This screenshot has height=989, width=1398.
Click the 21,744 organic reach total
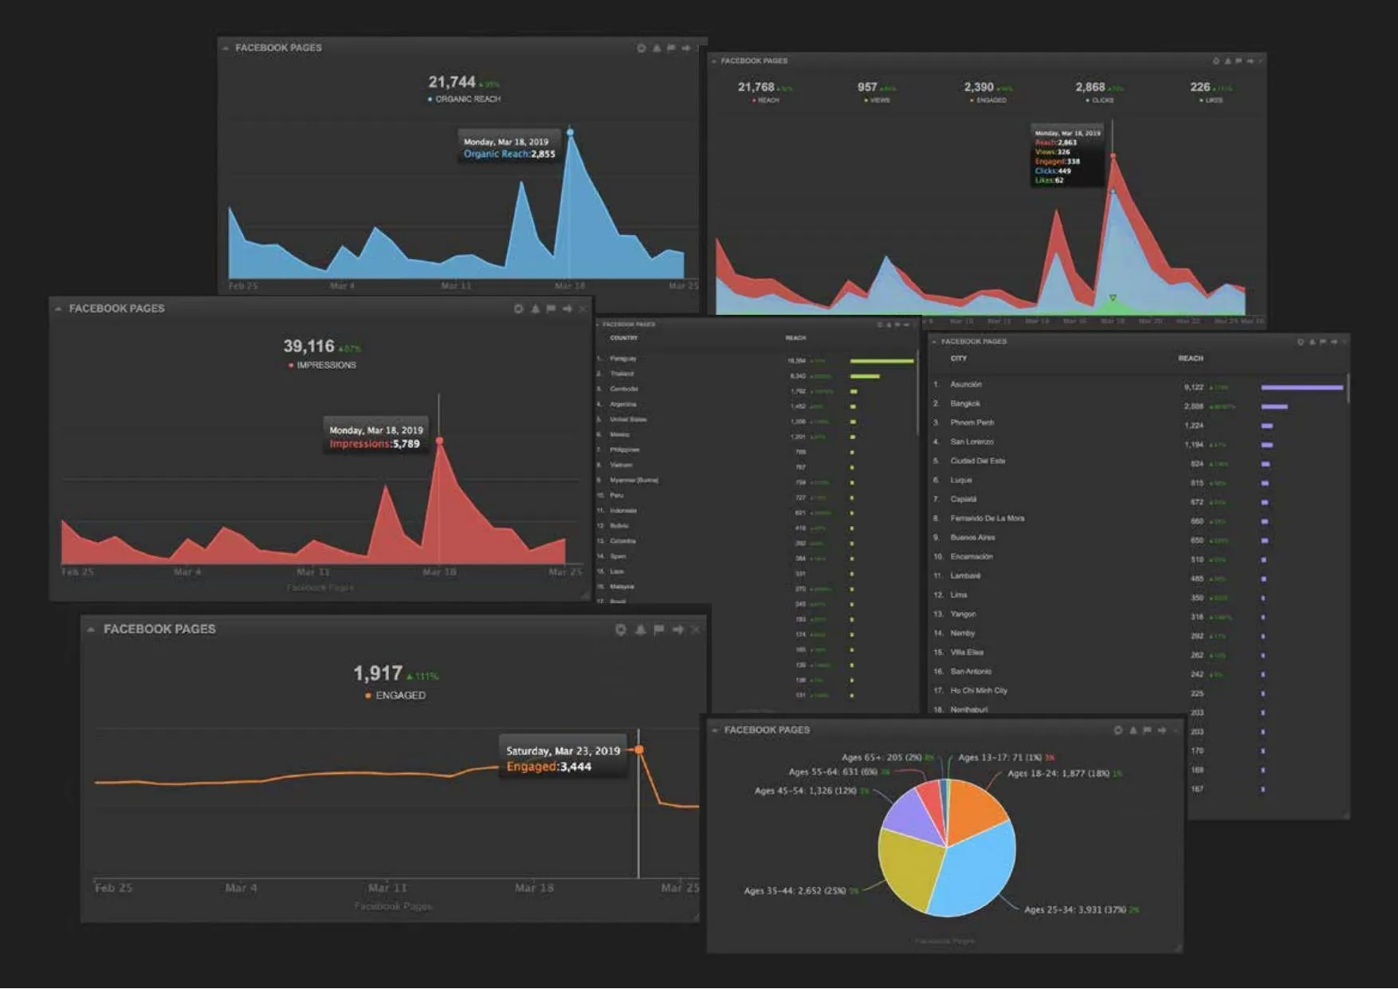click(452, 82)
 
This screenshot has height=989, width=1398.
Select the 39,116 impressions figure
click(309, 346)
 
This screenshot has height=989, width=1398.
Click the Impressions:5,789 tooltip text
click(375, 444)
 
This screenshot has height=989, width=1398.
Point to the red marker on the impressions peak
click(439, 441)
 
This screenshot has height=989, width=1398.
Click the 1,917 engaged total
click(378, 673)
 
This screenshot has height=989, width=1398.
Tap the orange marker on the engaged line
click(639, 750)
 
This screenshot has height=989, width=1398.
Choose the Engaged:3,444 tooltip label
click(548, 767)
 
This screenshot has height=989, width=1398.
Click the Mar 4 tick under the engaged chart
click(241, 888)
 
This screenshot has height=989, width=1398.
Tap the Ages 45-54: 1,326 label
click(805, 791)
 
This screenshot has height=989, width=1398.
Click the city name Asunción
click(966, 384)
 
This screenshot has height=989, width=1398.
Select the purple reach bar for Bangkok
click(1274, 406)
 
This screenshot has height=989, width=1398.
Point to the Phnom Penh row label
click(972, 422)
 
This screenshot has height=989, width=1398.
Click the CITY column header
click(958, 359)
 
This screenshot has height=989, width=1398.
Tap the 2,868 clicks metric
click(1090, 87)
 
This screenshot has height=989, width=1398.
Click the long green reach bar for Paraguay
click(882, 361)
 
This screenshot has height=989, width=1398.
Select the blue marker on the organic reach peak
click(570, 132)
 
